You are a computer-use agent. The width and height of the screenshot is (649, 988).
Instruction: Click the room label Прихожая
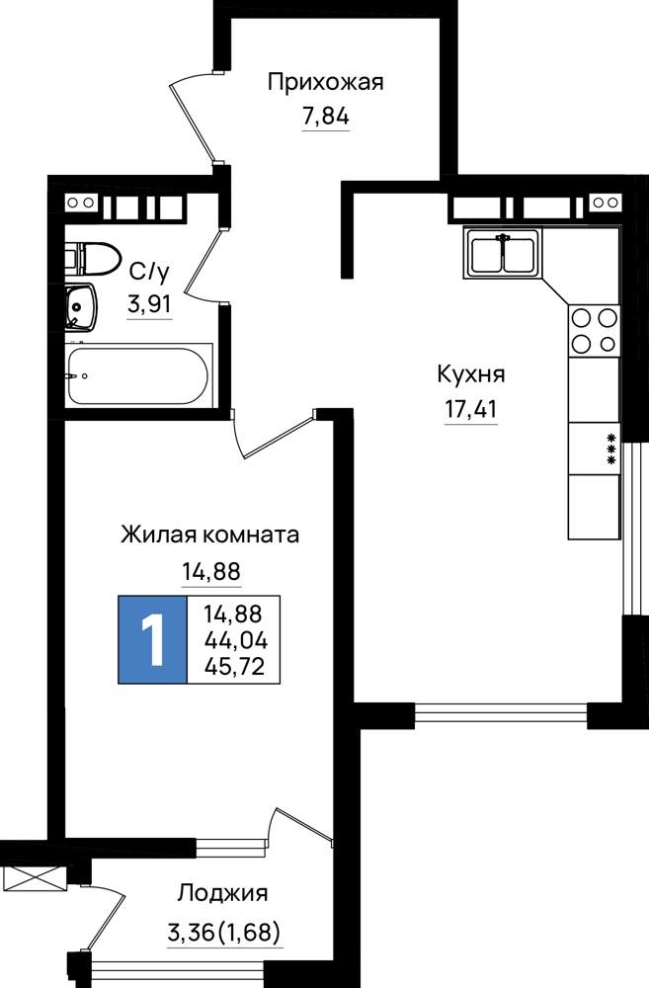pos(325,82)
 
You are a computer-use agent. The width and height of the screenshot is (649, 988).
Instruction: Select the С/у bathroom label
pos(149,273)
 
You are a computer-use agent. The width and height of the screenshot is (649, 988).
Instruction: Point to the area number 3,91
pos(149,305)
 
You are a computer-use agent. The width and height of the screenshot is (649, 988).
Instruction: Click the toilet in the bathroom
pos(92,258)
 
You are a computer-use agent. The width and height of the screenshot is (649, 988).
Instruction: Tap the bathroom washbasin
pos(81,307)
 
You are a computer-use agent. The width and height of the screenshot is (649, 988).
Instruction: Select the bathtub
pos(138,375)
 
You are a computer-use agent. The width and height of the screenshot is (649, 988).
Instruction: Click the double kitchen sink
pos(503,252)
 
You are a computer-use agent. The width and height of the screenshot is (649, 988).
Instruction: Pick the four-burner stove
pos(595,331)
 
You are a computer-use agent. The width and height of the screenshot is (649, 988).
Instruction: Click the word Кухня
pos(470,374)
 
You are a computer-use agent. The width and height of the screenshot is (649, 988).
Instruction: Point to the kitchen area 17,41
pos(470,410)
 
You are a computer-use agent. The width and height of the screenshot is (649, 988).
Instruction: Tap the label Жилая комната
pos(209,535)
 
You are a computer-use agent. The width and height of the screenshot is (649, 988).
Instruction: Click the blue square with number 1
pos(153,639)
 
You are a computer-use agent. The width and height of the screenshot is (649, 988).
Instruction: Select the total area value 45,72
pos(235,666)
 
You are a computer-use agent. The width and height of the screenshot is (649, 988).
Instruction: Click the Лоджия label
pos(222,893)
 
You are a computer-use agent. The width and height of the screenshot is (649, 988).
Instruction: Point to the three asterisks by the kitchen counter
pos(610,450)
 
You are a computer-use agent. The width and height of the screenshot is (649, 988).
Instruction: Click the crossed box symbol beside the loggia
pos(34,877)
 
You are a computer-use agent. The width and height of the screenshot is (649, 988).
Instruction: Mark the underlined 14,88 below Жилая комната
pos(211,572)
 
